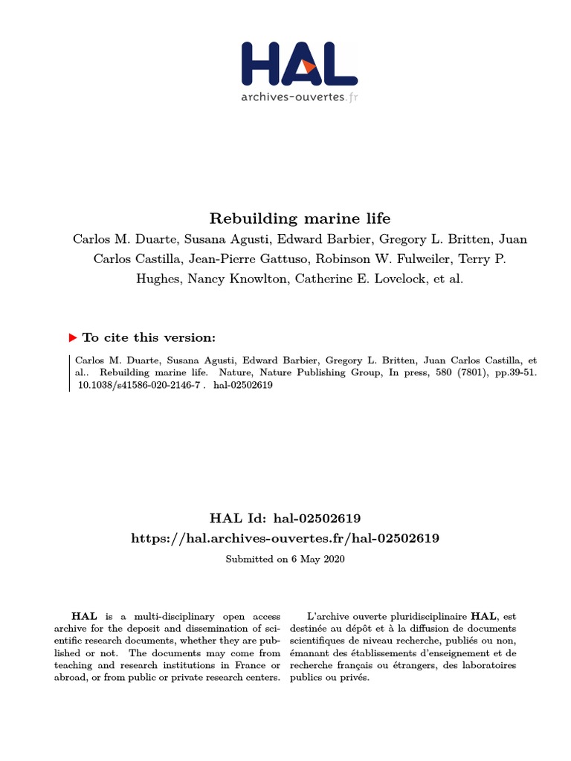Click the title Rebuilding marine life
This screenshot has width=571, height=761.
[300, 218]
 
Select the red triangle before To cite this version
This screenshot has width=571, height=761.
[73, 337]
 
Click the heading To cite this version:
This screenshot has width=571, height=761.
[149, 337]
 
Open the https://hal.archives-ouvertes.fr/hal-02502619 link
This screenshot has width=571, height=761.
[285, 537]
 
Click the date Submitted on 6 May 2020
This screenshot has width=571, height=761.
[285, 558]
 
